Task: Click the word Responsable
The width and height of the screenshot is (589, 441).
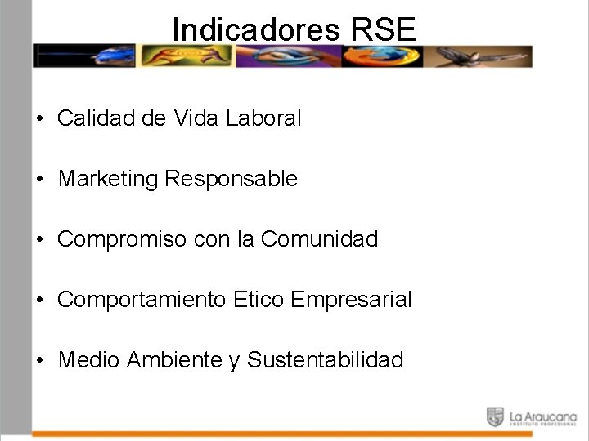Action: coord(232,178)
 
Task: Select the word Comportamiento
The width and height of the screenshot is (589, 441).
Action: coord(142,300)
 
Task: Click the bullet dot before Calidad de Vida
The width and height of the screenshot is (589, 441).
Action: coord(39,119)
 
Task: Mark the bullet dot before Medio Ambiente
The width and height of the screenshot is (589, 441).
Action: coord(39,360)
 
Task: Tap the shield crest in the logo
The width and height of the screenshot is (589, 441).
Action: coord(495,416)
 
